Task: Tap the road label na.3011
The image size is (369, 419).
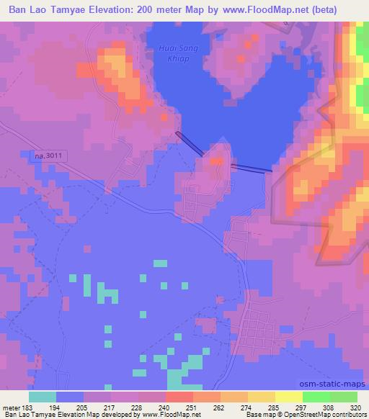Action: click(x=48, y=154)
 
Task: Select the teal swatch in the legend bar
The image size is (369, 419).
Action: click(x=43, y=397)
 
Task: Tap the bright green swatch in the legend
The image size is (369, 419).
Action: click(x=316, y=397)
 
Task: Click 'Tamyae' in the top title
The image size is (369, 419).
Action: click(x=68, y=10)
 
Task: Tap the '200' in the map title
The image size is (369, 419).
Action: click(x=156, y=10)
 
